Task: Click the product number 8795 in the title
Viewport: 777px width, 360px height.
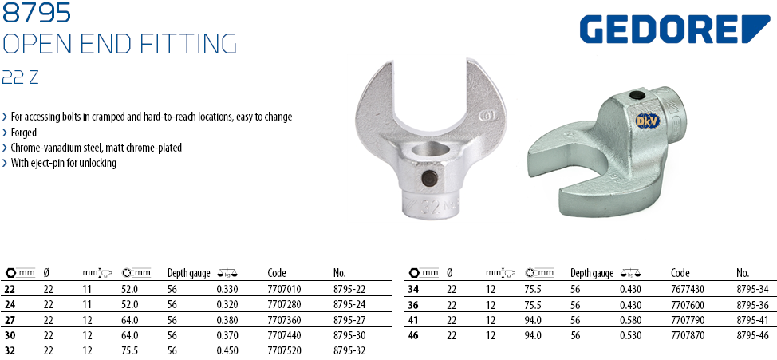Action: point(37,13)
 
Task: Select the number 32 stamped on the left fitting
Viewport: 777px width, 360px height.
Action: point(429,205)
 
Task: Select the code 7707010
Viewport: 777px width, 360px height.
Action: point(284,289)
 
